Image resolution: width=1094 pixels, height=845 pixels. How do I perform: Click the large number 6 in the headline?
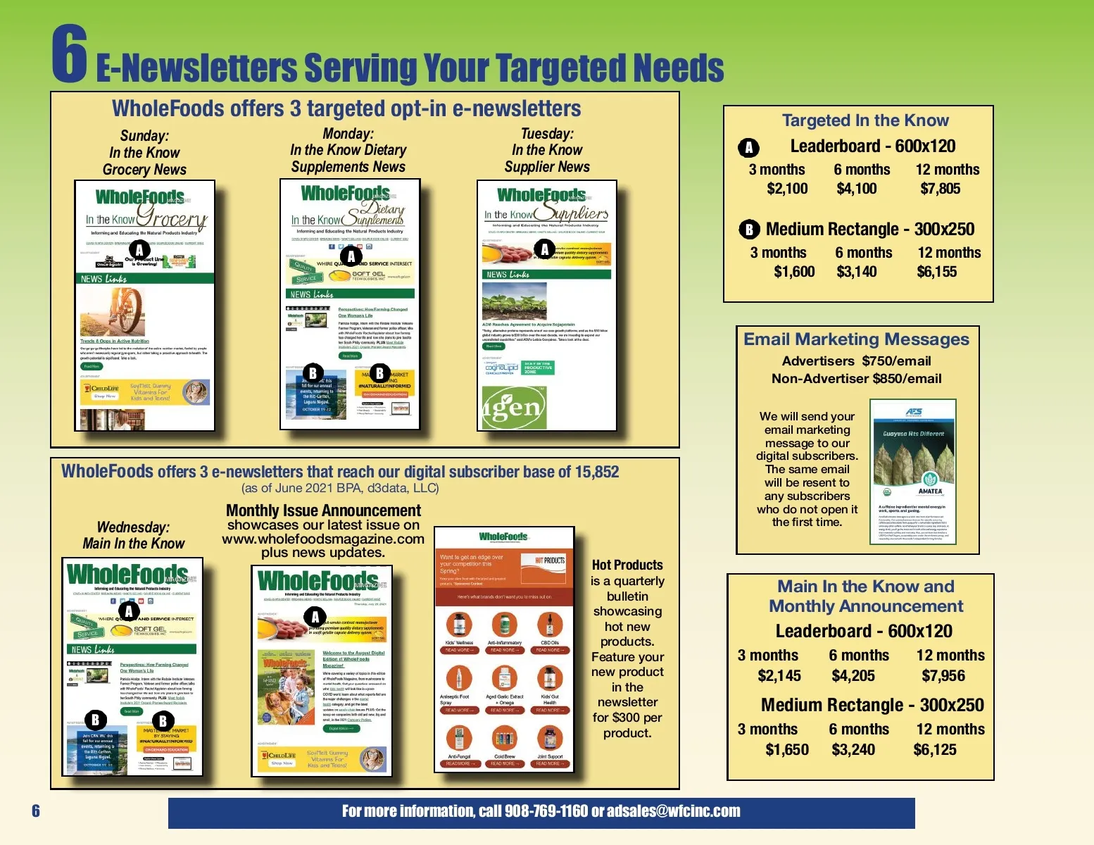[70, 54]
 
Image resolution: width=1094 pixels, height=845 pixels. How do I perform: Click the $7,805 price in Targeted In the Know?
[940, 189]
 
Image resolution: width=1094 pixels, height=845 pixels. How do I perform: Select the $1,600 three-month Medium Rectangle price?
[794, 272]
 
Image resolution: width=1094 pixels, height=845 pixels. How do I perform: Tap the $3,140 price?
[856, 272]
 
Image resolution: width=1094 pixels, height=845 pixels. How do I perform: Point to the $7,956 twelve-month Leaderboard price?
[943, 676]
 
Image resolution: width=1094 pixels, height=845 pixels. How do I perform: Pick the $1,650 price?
[787, 750]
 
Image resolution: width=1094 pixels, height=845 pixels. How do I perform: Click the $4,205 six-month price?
[853, 676]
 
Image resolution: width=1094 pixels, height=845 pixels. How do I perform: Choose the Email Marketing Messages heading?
[856, 339]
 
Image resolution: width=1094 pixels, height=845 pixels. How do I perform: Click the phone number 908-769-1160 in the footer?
[546, 811]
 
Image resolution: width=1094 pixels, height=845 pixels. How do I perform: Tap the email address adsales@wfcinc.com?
[674, 811]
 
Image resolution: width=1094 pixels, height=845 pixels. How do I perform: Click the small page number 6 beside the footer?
[36, 811]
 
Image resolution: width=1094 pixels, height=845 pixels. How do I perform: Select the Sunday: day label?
[144, 136]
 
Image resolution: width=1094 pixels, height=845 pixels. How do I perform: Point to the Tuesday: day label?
[547, 134]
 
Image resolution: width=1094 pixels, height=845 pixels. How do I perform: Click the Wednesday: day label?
[133, 527]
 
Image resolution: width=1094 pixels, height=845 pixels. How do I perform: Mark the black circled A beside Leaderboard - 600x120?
[748, 147]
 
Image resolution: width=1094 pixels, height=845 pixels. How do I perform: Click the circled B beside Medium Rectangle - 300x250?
[749, 230]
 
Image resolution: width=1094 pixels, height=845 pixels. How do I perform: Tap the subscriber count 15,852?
[596, 472]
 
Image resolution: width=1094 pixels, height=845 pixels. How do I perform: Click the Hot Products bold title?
[627, 565]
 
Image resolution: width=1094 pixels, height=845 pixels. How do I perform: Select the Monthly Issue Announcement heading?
[323, 511]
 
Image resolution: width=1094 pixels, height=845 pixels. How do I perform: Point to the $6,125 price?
[935, 750]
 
